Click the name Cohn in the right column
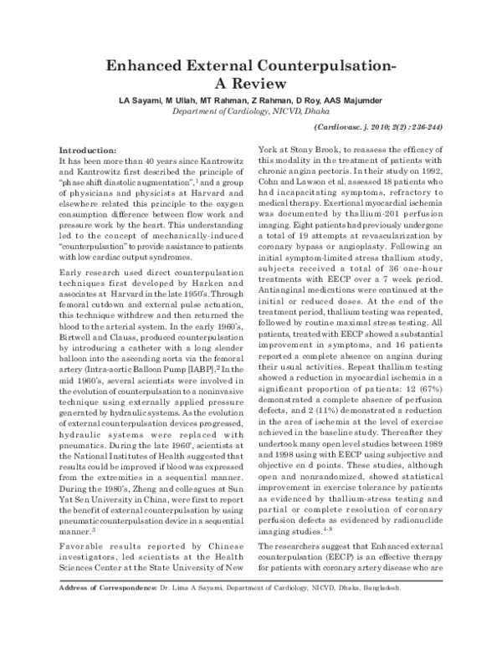click(x=273, y=181)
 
